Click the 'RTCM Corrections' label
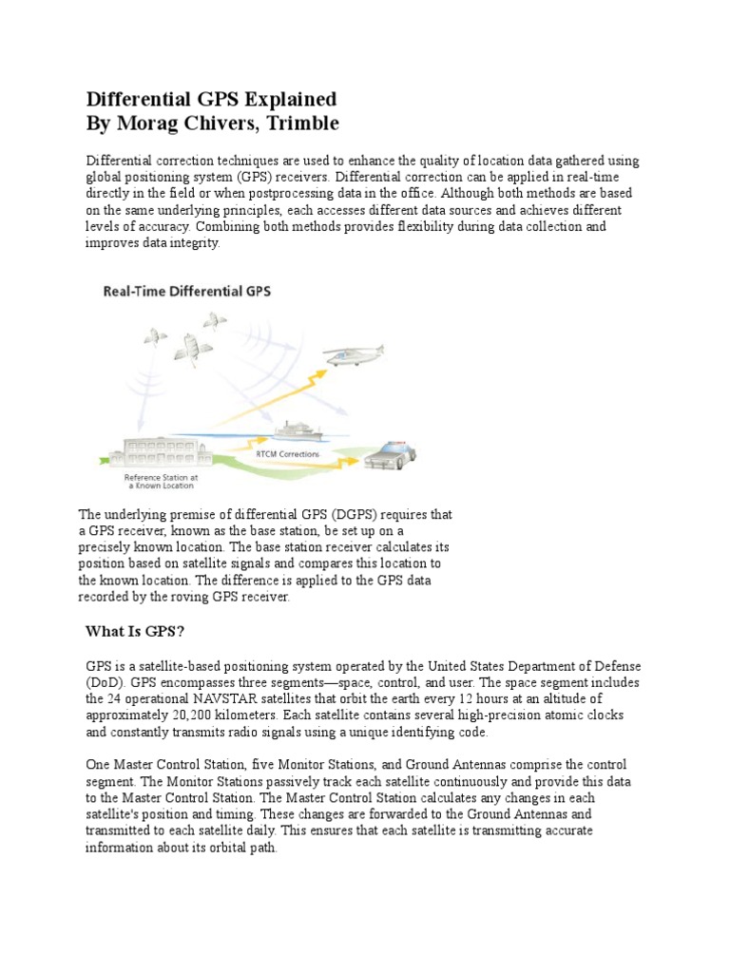coord(288,455)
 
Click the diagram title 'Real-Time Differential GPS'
coord(186,292)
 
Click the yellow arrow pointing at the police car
coord(342,442)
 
